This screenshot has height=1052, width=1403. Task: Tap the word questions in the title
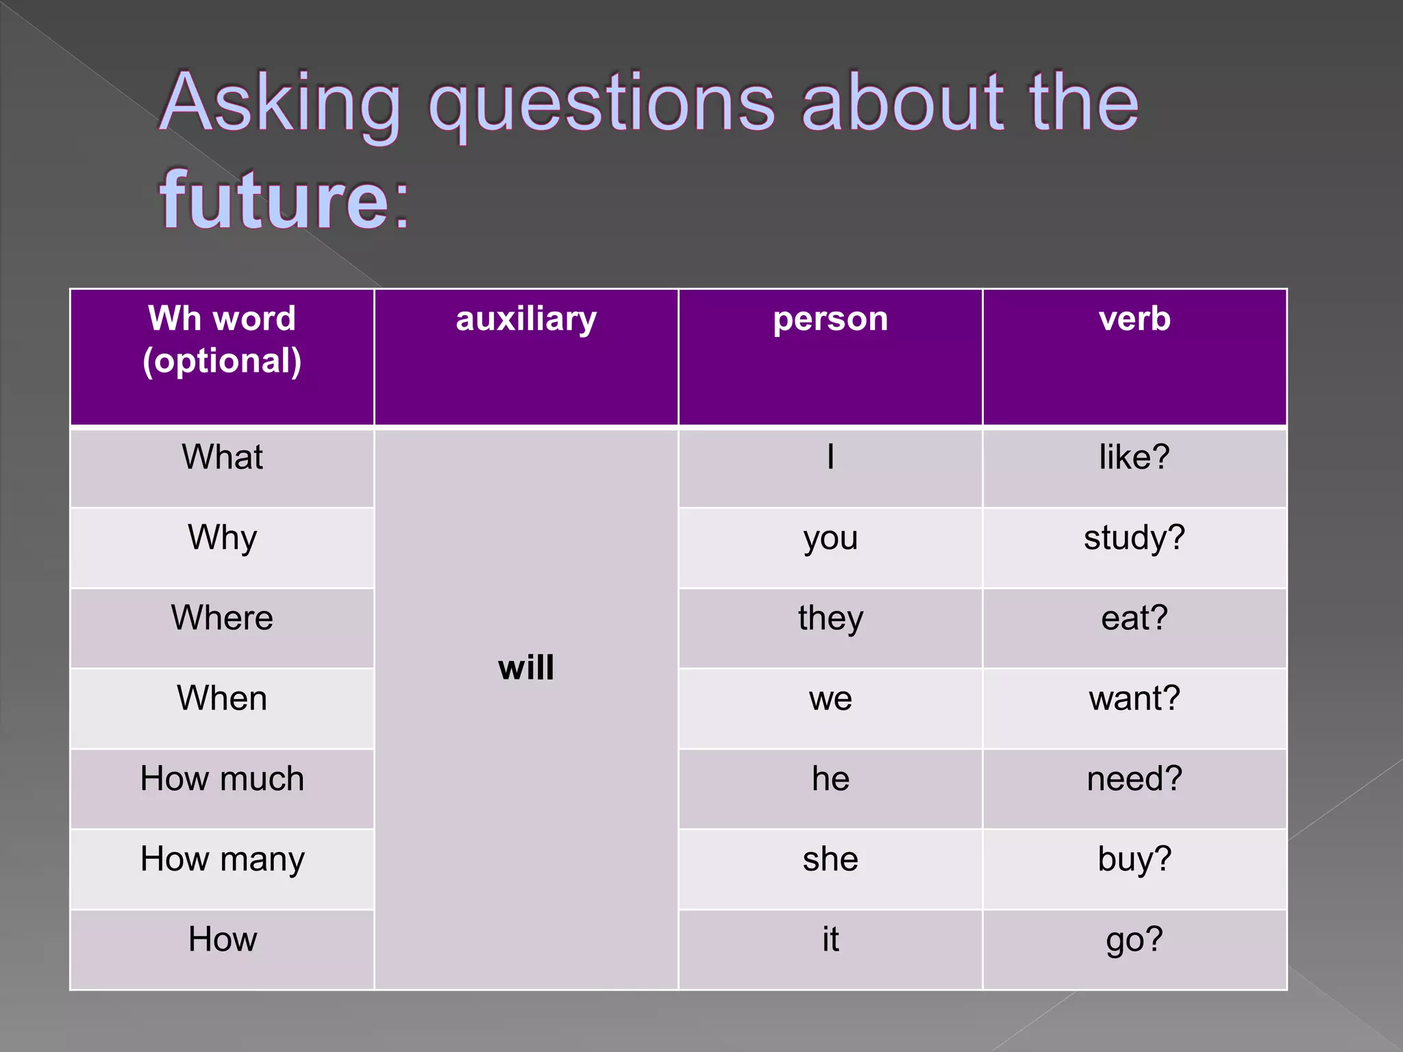tap(601, 104)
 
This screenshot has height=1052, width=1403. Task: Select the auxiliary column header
tap(526, 319)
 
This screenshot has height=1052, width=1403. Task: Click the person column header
tap(830, 319)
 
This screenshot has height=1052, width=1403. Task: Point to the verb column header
tap(1134, 319)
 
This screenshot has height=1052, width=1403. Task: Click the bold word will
tap(526, 668)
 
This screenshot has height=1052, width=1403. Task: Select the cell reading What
tap(222, 458)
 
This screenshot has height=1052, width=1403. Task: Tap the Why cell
tap(222, 538)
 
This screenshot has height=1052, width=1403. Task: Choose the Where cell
tap(222, 618)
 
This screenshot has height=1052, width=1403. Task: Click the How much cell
tap(222, 779)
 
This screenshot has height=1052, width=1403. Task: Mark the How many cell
tap(222, 860)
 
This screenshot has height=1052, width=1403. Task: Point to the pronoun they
tap(830, 618)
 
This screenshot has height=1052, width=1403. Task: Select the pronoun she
tap(830, 860)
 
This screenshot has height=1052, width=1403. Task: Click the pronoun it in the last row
tap(830, 940)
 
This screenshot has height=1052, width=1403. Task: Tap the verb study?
tap(1134, 538)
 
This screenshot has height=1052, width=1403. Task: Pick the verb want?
tap(1134, 699)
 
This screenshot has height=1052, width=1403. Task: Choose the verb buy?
tap(1134, 860)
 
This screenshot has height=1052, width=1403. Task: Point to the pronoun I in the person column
tap(830, 458)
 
